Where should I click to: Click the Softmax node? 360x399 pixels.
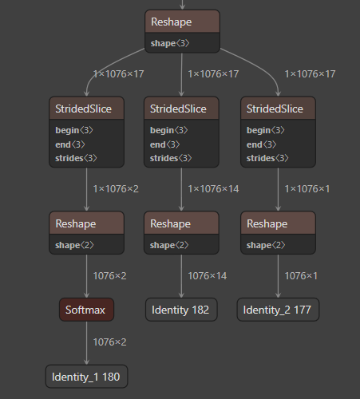coord(86,310)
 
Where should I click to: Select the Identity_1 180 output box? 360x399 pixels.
coord(86,377)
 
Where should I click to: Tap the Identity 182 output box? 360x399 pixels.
coord(181,310)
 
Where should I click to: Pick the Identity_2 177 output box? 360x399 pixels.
coord(278,310)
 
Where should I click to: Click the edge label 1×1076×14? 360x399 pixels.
coord(213,189)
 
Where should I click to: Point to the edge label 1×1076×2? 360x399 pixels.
coord(116,189)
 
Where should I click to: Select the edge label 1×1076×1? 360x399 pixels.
coord(307,189)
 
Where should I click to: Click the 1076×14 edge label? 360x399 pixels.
coord(208,276)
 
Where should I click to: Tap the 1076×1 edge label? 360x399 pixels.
coord(301,276)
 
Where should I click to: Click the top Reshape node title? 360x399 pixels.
coord(171,22)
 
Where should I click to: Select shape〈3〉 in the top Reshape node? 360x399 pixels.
coord(170,43)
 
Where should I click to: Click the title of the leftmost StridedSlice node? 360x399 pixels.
coord(83,109)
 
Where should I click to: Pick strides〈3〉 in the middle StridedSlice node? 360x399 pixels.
coord(171,158)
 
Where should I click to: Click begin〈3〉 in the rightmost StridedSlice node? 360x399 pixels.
coord(265,130)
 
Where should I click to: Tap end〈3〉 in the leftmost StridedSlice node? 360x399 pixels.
coord(70,144)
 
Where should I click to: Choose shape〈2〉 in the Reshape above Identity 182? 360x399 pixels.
coord(169,245)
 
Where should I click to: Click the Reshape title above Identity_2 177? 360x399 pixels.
coord(267,223)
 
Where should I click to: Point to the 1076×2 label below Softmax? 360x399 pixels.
coord(109,342)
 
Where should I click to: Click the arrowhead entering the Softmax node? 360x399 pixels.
coord(86,295)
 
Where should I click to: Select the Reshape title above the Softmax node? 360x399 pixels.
coord(76,223)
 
